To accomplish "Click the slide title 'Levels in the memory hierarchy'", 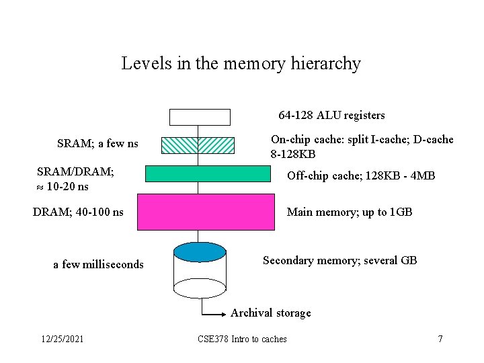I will tap(241, 64).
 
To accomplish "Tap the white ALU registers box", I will tap(200, 117).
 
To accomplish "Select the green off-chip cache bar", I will tap(208, 173).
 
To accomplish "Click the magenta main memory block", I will tap(206, 212).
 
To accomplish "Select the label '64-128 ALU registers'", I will tap(331, 116).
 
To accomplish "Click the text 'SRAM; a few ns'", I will tap(98, 143).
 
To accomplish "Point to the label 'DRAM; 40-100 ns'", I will tap(78, 212).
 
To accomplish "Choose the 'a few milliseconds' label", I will tap(98, 264).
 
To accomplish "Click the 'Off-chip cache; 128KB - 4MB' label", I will tap(361, 176).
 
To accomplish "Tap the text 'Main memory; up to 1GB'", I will tap(350, 212).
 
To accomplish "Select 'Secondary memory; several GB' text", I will tap(339, 260).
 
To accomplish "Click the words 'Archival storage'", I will tap(271, 313).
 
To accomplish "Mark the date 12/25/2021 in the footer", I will tap(62, 339).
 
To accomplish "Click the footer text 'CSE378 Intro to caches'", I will tap(242, 339).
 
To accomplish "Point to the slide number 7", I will tap(440, 339).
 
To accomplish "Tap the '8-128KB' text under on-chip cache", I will tap(293, 154).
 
